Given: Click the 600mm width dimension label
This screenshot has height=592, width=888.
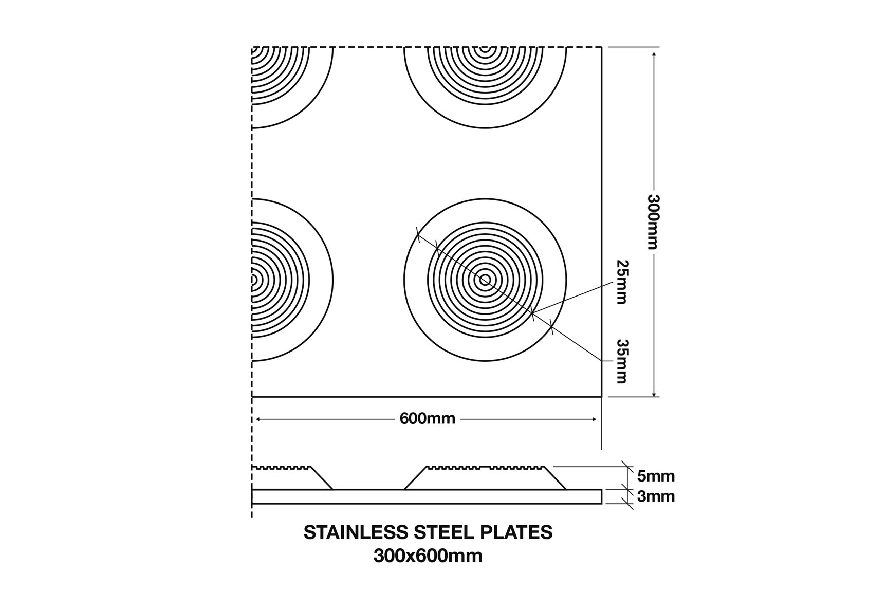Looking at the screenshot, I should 427,419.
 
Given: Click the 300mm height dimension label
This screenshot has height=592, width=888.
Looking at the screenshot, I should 653,222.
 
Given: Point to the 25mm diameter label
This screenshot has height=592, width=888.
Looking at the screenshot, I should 622,282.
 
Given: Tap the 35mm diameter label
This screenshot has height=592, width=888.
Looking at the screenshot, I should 622,361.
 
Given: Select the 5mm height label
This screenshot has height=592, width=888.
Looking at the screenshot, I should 656,476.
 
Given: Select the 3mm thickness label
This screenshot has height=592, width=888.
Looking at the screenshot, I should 656,496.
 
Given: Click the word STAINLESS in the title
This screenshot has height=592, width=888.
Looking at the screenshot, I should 355,532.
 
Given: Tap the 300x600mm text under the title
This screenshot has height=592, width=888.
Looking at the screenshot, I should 428,556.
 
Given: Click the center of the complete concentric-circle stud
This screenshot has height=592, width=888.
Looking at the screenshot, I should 485,280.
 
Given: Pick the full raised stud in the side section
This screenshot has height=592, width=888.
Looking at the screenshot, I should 485,478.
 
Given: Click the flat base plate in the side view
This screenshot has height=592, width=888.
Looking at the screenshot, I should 427,497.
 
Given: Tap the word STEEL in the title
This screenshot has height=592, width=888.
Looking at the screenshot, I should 445,532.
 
